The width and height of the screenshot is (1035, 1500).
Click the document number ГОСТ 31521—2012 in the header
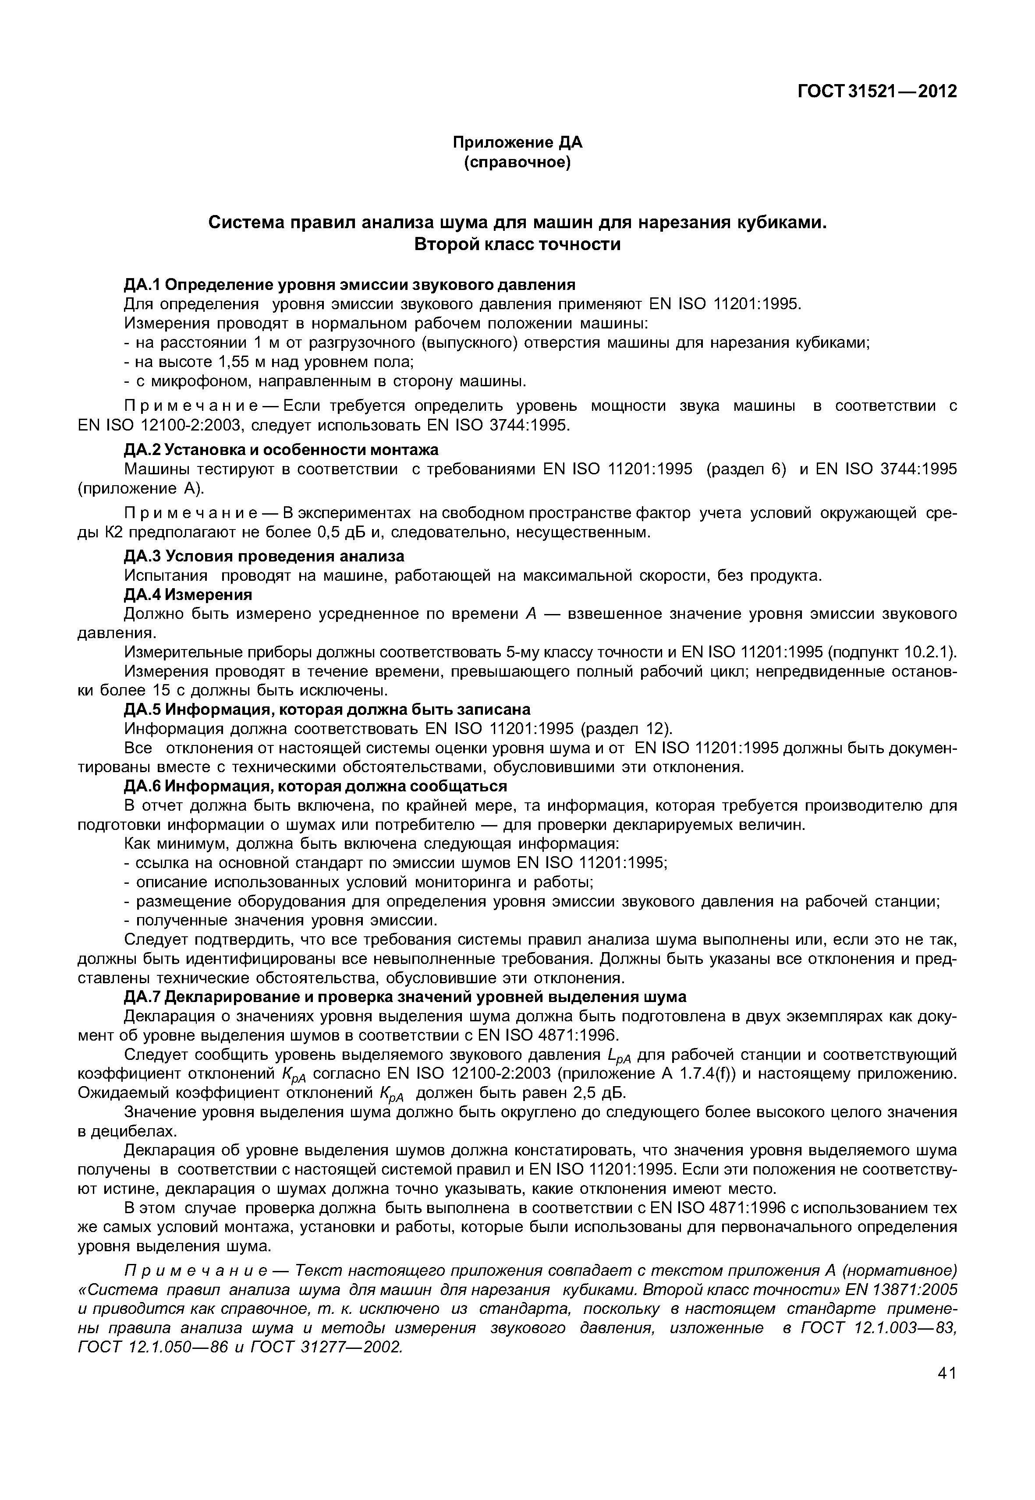click(877, 92)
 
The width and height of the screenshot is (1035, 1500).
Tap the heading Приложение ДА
click(517, 142)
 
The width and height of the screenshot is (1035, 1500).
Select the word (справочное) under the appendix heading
click(517, 162)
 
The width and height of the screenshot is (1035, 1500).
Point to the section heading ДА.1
click(350, 285)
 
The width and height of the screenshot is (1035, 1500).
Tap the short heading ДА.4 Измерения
click(188, 594)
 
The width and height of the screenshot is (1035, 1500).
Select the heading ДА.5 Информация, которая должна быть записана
click(327, 709)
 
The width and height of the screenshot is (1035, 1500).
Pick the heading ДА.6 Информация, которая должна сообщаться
click(315, 786)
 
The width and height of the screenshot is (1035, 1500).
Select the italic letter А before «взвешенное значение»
click(531, 613)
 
